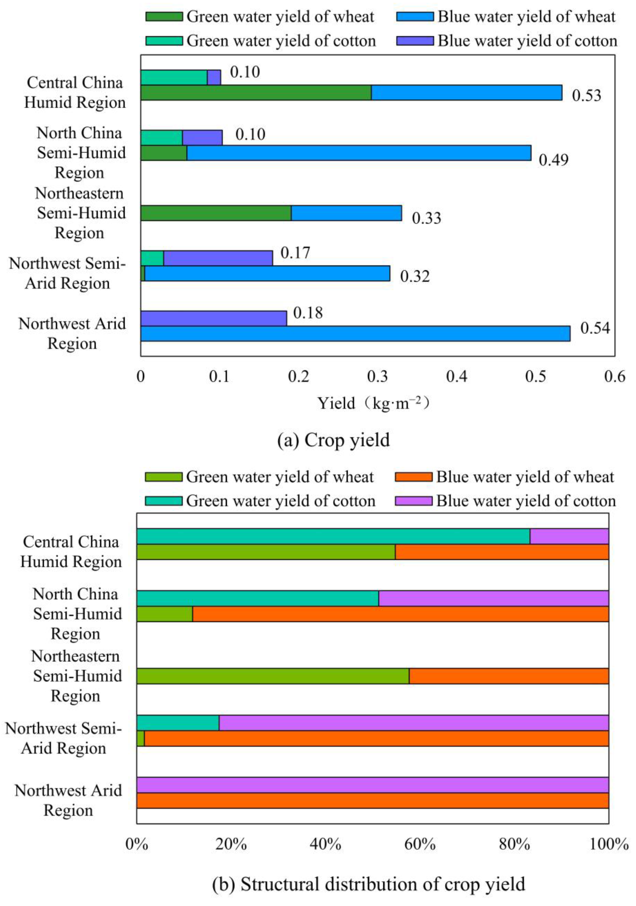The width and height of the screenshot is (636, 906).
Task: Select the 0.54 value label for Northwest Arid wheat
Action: [x=595, y=328]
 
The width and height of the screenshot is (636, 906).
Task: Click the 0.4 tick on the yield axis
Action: [x=456, y=377]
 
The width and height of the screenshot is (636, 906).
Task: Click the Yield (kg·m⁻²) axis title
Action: [x=373, y=403]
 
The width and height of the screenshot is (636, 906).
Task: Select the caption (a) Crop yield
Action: [x=333, y=440]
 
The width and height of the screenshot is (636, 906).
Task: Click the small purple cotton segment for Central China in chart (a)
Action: [x=214, y=77]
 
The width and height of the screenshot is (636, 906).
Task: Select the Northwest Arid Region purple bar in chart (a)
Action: [x=213, y=318]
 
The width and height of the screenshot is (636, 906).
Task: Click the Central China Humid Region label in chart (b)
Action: [x=71, y=552]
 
